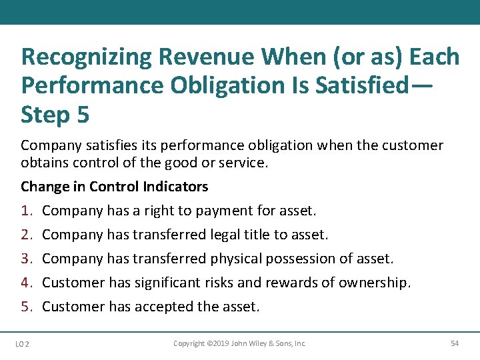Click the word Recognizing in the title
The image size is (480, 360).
[87, 57]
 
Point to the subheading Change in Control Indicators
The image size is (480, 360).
[114, 187]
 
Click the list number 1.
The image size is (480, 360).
[27, 211]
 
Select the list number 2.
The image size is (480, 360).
[27, 235]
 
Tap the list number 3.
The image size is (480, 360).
[27, 259]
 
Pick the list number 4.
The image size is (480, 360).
[27, 283]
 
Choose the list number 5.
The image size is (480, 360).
[27, 307]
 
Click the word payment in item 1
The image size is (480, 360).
[223, 211]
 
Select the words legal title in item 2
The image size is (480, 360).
[241, 235]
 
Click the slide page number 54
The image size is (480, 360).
[455, 343]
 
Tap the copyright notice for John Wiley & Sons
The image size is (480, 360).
[239, 343]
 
